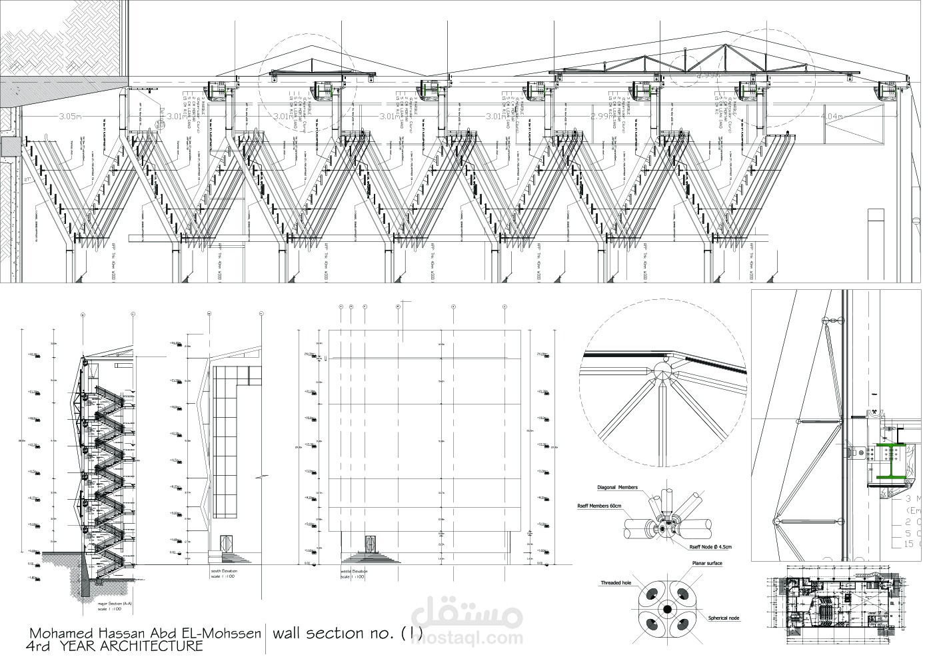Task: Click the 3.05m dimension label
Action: tap(69, 116)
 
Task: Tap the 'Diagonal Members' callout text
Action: tap(618, 488)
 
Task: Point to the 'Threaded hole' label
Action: tap(612, 582)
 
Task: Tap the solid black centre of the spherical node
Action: tap(666, 610)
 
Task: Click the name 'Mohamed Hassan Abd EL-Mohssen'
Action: tap(144, 632)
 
